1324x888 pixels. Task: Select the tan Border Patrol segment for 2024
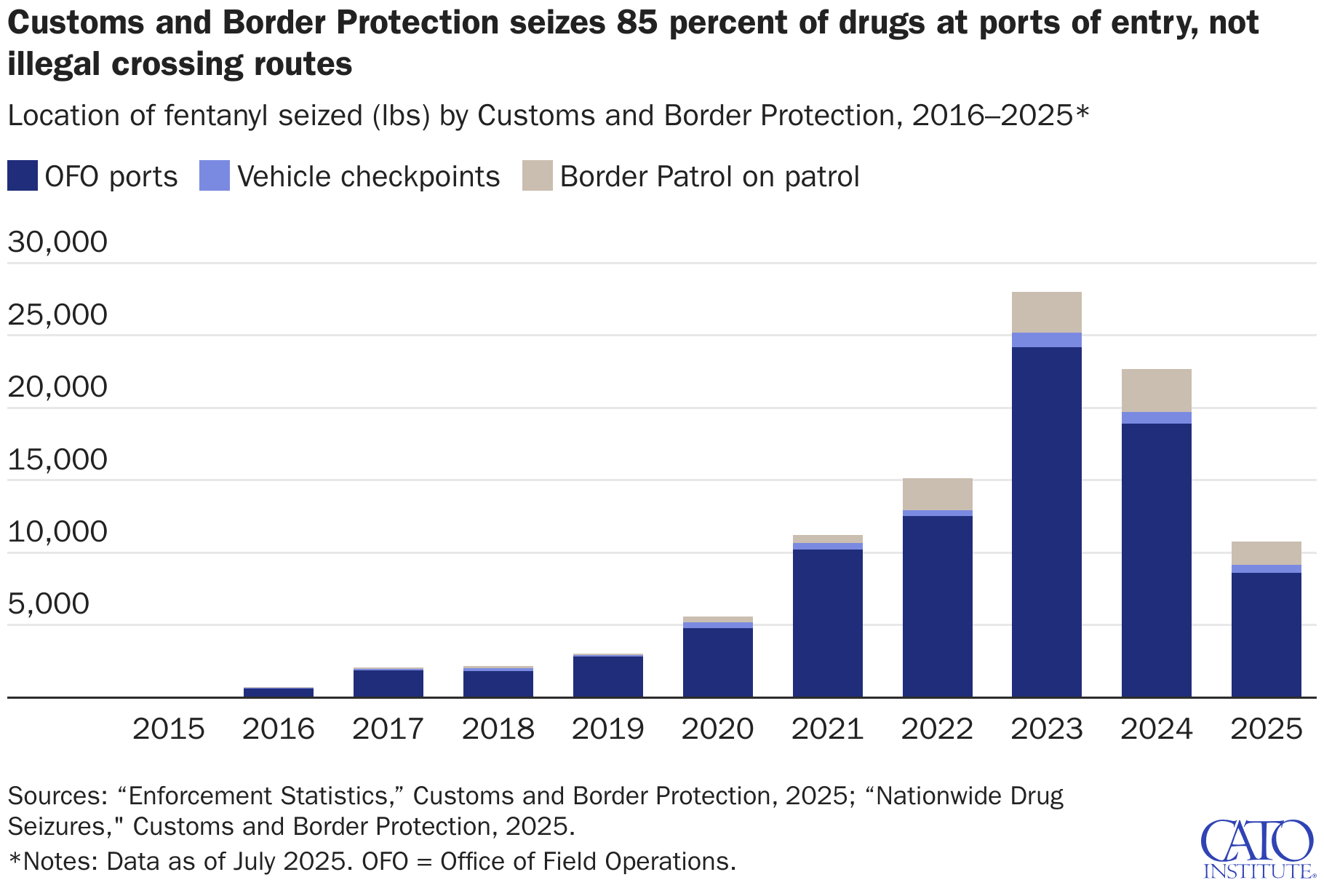[1156, 390]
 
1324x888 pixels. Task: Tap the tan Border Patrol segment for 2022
[937, 494]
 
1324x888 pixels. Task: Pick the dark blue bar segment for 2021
[827, 623]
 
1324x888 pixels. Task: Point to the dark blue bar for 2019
[607, 677]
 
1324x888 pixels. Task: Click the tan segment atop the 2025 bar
[1266, 553]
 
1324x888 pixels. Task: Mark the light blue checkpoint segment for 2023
[1046, 340]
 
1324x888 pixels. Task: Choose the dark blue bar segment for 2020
[717, 662]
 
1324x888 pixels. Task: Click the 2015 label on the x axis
[169, 729]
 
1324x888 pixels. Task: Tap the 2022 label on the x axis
[937, 729]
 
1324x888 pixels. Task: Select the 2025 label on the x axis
[1266, 729]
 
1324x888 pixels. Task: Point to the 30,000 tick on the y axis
[57, 242]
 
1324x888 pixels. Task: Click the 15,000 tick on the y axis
[57, 459]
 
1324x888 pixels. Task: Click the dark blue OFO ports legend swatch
[22, 176]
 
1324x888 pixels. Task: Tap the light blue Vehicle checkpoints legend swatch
[215, 176]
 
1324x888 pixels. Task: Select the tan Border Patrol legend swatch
[538, 176]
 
